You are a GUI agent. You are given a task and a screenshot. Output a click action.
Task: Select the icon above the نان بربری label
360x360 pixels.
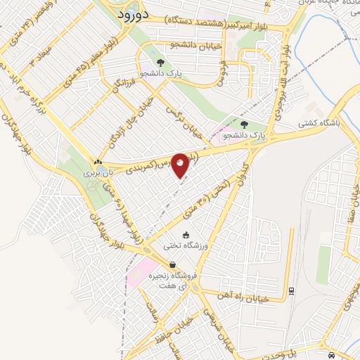(x=97, y=161)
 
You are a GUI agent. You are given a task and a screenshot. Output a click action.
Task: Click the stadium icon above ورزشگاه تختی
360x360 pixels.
(x=186, y=236)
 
